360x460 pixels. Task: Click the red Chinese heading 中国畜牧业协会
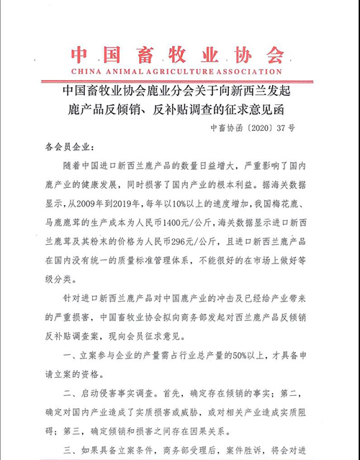pos(179,55)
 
